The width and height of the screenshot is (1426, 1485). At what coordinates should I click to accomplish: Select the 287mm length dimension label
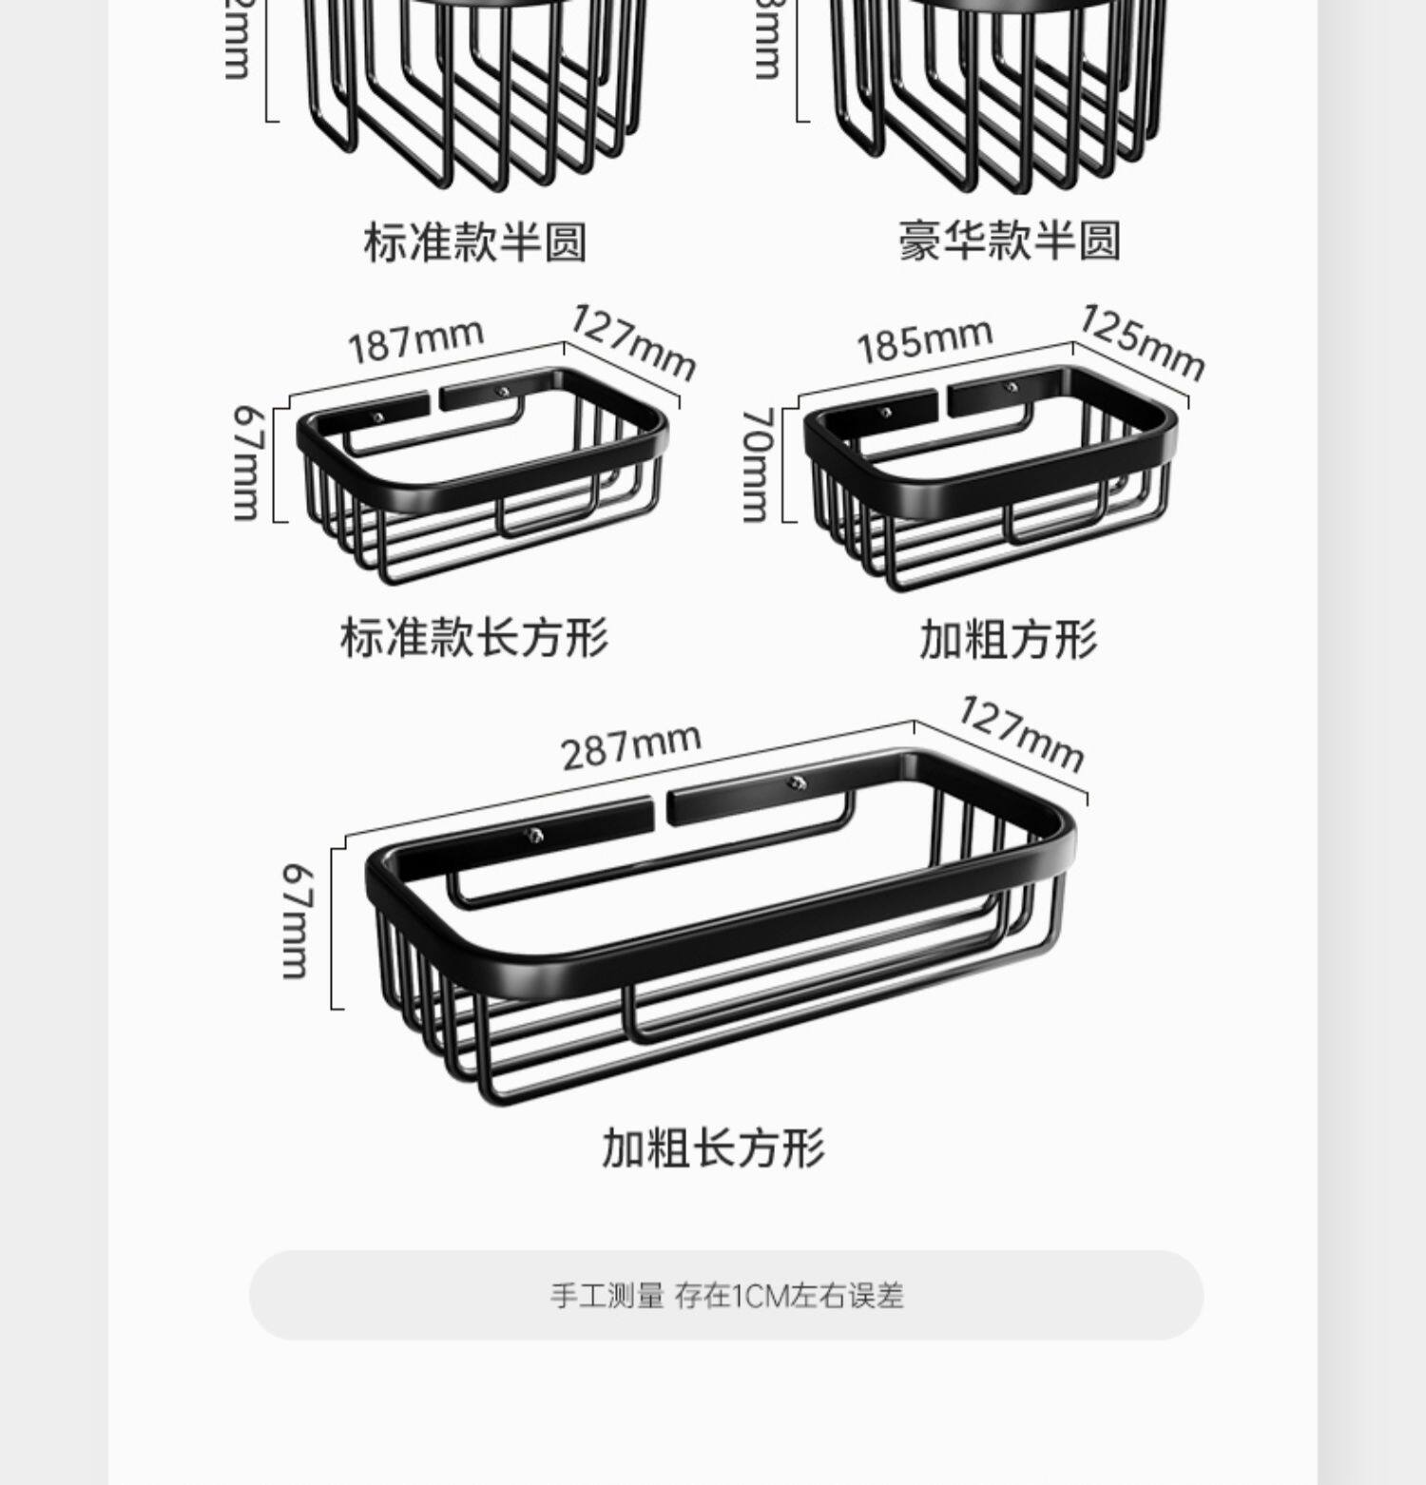(631, 747)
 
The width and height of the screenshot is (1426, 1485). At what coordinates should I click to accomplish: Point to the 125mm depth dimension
(1141, 341)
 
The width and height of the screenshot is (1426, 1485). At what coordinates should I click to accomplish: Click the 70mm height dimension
(757, 465)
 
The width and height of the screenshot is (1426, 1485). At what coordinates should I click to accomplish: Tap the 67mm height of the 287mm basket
(297, 920)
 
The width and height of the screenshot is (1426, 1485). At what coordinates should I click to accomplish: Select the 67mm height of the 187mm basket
(247, 463)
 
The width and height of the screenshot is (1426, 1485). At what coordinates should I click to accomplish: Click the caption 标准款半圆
(474, 241)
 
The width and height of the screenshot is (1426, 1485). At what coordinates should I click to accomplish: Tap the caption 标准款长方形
(473, 637)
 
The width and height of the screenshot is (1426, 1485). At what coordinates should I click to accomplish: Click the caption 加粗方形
(1008, 639)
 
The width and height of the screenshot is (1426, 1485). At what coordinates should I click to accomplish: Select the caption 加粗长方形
(713, 1147)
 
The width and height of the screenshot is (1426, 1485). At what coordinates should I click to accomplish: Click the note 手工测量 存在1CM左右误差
(726, 1295)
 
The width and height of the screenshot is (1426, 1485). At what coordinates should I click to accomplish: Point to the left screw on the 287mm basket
(536, 836)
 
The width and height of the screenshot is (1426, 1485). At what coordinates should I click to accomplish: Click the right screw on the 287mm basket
(796, 782)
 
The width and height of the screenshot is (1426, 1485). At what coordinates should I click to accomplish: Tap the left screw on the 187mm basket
(378, 416)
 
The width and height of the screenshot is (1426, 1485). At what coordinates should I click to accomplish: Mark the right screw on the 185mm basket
(1012, 387)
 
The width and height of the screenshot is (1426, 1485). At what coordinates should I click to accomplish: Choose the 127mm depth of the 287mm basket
(1020, 733)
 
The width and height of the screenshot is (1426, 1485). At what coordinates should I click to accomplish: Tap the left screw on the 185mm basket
(886, 413)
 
